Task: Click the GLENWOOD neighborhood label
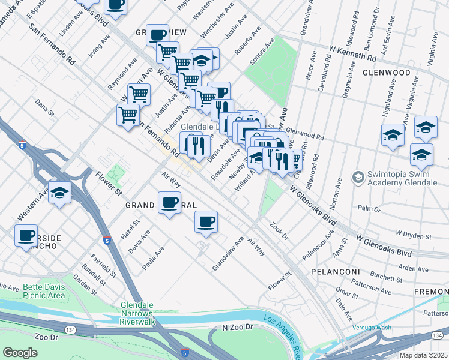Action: (386, 72)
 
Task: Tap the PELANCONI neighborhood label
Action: (334, 272)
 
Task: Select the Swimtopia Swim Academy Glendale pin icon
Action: (358, 178)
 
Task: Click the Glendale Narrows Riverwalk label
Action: (138, 313)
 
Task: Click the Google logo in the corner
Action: (20, 352)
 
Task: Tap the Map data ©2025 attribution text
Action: (423, 355)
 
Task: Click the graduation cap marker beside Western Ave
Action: (59, 193)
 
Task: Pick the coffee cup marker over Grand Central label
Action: (170, 203)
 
